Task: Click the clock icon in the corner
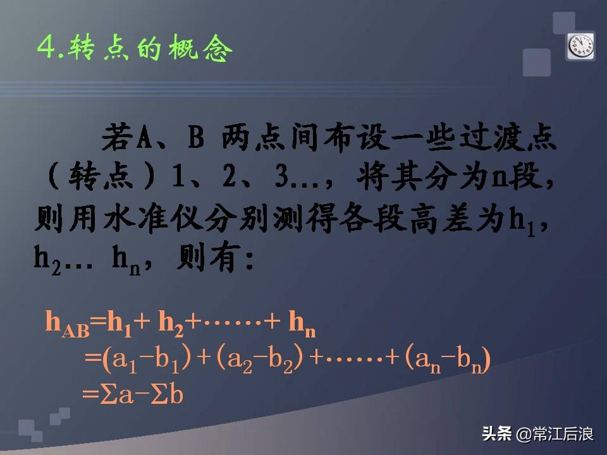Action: click(581, 45)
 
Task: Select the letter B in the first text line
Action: click(195, 137)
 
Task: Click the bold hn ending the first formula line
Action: click(301, 324)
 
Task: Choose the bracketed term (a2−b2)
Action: click(261, 360)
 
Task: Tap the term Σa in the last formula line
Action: click(114, 394)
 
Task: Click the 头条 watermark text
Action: click(496, 435)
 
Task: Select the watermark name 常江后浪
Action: click(563, 435)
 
